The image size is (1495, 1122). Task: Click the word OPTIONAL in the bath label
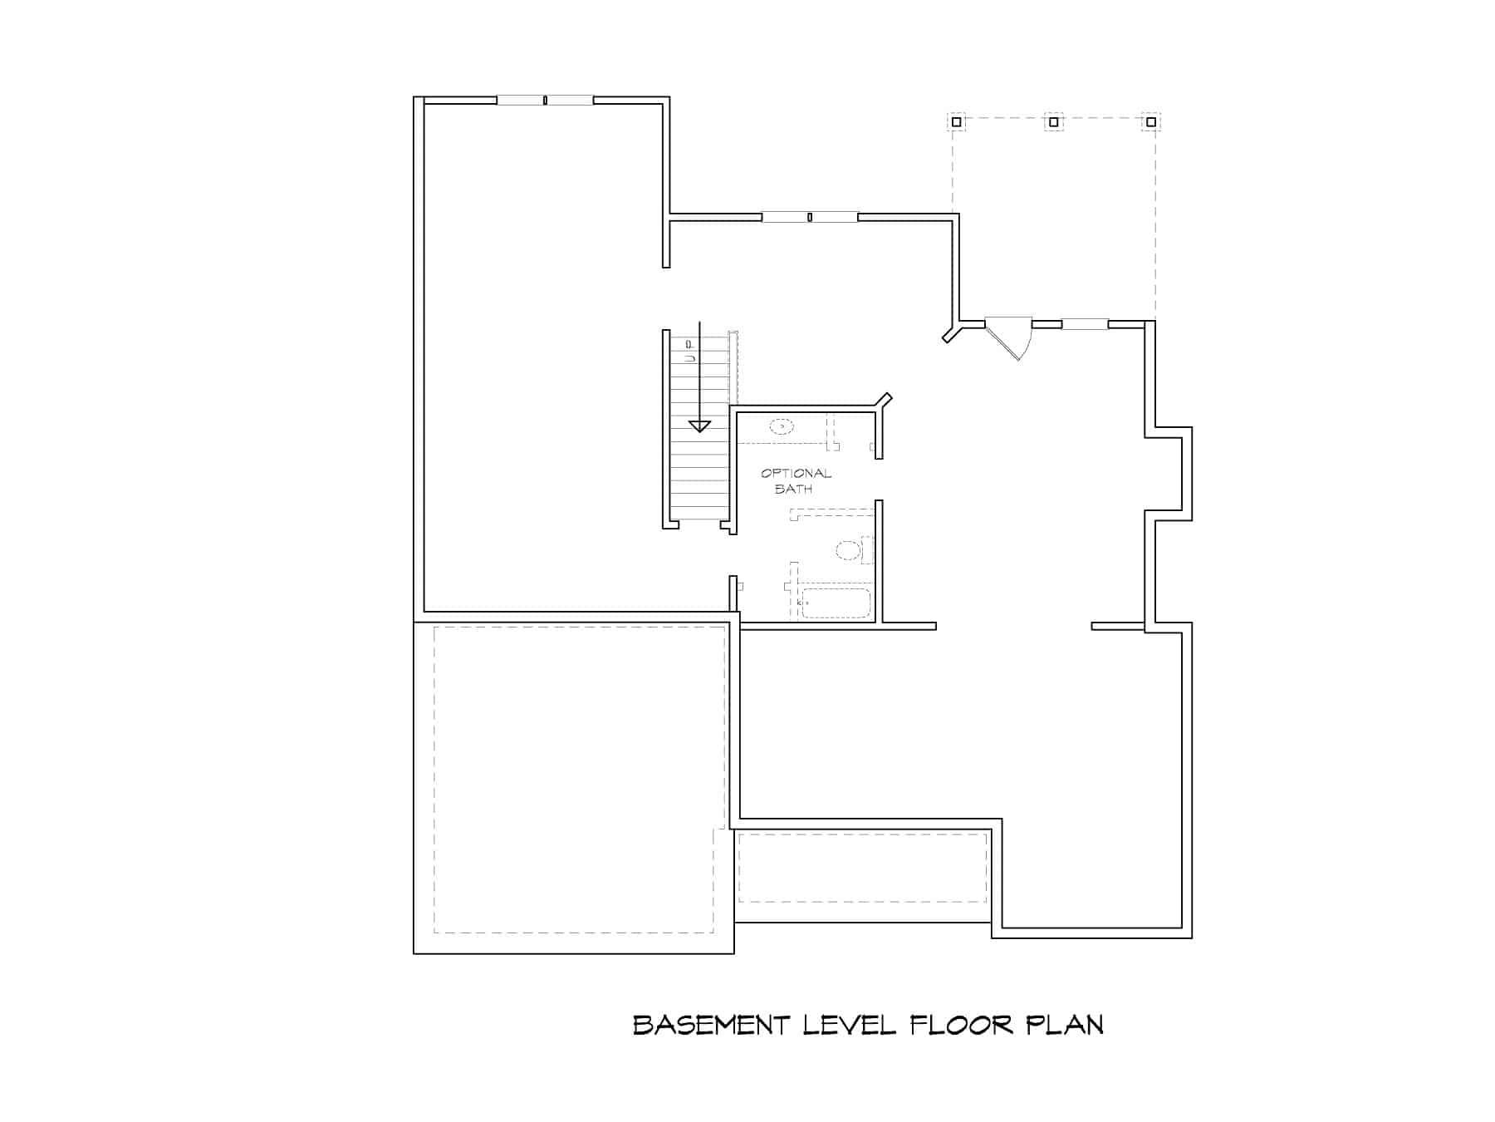(796, 474)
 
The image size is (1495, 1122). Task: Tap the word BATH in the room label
(793, 489)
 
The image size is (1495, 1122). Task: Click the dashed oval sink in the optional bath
(782, 427)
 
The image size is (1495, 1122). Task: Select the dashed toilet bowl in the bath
(848, 549)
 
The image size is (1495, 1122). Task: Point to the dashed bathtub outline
(835, 603)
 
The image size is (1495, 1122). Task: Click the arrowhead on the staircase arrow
(700, 426)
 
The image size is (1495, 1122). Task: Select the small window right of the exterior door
(1084, 324)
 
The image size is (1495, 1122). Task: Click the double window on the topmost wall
(545, 101)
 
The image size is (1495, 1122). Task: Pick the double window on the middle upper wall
(810, 218)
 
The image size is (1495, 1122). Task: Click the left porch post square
(956, 122)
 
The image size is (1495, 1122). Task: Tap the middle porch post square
(1053, 122)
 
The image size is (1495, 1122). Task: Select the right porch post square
(1150, 122)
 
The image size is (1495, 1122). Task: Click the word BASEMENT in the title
(711, 1025)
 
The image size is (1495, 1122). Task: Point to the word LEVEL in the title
(849, 1025)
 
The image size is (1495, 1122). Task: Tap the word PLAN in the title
(1066, 1025)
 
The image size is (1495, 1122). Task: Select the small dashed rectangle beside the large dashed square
(862, 868)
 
